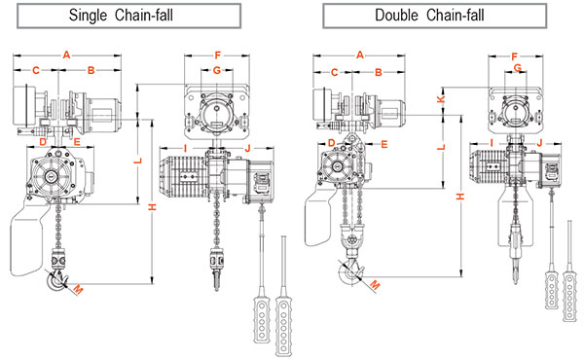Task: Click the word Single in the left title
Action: point(88,16)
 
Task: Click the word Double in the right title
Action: point(396,16)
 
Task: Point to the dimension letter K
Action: point(441,99)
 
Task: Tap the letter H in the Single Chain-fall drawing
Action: point(152,206)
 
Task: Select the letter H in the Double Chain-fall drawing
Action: point(460,196)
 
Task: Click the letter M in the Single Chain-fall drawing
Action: point(78,289)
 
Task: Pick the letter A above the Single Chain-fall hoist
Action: point(66,55)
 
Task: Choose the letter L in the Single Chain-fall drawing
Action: point(138,161)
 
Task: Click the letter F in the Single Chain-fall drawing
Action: point(217,55)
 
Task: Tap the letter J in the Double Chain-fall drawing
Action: point(539,143)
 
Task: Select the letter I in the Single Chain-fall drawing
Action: point(185,149)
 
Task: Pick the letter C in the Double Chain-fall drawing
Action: point(334,72)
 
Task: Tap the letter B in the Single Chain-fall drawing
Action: point(91,70)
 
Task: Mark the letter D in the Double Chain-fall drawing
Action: point(332,143)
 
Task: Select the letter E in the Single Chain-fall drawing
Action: point(77,141)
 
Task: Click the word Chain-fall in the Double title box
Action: point(456,16)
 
